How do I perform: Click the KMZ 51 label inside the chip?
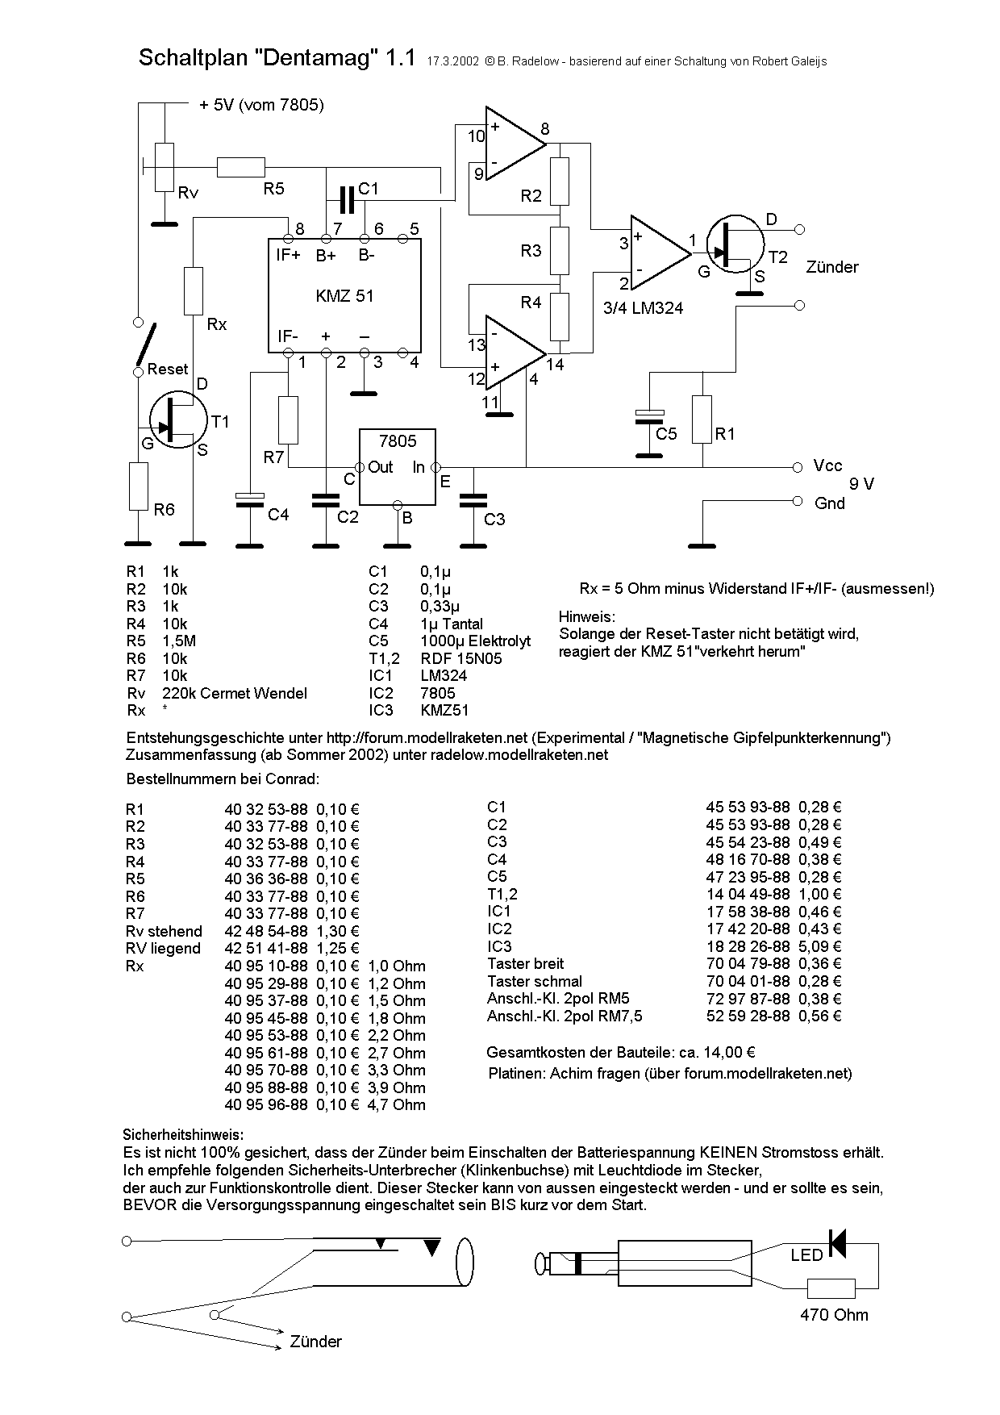pos(344,296)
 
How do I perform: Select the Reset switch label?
pos(168,369)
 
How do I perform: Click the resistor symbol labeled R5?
pos(240,167)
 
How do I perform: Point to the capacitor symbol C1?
pos(347,198)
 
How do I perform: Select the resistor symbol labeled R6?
pos(139,486)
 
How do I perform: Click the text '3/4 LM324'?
pos(643,307)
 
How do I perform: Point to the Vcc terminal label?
pos(828,465)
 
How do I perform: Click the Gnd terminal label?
pos(830,503)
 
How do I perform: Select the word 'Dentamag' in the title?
pos(316,58)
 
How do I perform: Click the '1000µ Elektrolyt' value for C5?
pos(476,641)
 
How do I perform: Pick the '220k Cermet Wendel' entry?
pos(235,693)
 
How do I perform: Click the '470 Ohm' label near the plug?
pos(834,1315)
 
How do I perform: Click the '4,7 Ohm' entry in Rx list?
pos(396,1105)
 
